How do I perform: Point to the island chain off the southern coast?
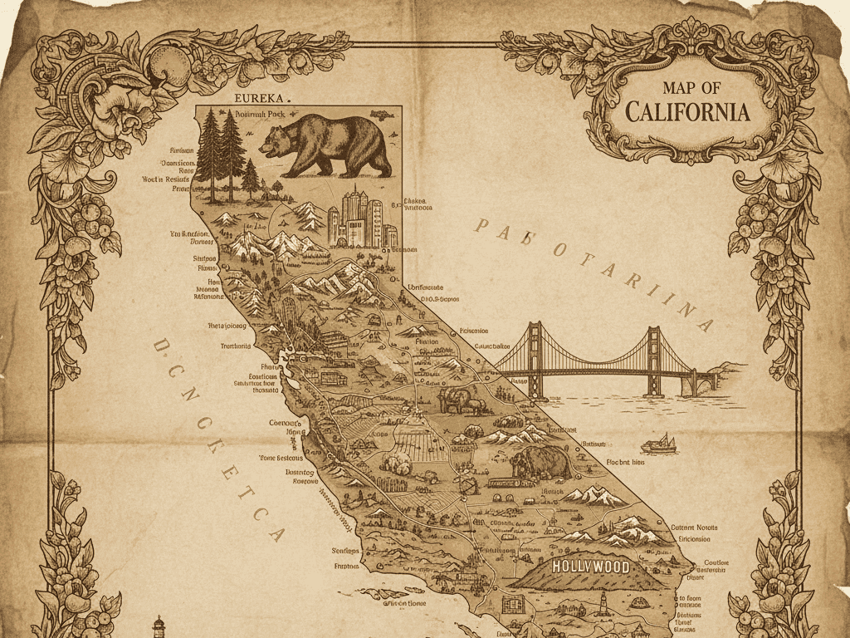(x=390, y=596)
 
